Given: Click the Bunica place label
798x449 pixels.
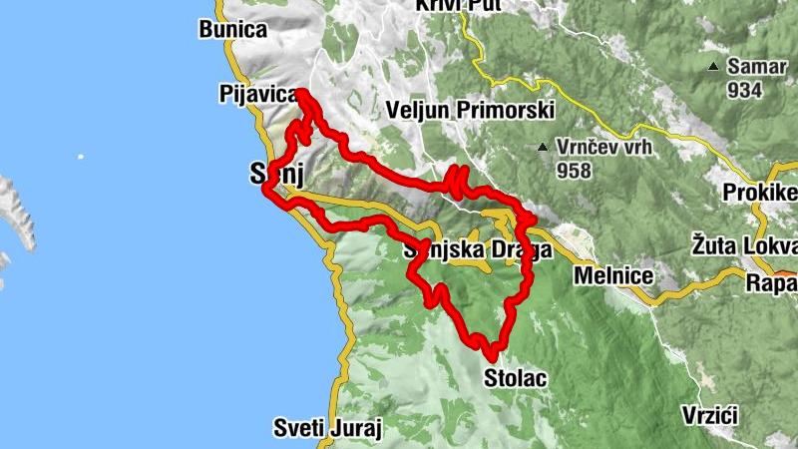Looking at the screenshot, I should pos(233,30).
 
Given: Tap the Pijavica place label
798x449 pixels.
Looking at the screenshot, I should pos(257,95).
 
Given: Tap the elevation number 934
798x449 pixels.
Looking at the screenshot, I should pos(744,90).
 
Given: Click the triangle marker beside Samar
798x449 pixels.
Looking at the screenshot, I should pos(713,68).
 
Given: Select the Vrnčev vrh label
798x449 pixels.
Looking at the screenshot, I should pos(598,148).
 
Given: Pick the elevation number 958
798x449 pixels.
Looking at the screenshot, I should pos(576,171).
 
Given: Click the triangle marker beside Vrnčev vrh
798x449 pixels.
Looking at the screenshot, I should pos(542,148).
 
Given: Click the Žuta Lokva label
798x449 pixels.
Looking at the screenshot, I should pos(743,243).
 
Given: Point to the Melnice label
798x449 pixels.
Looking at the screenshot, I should pos(612,275).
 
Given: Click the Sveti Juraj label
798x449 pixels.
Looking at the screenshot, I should pos(328,429).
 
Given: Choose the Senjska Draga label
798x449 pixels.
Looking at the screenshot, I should pos(477,251).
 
